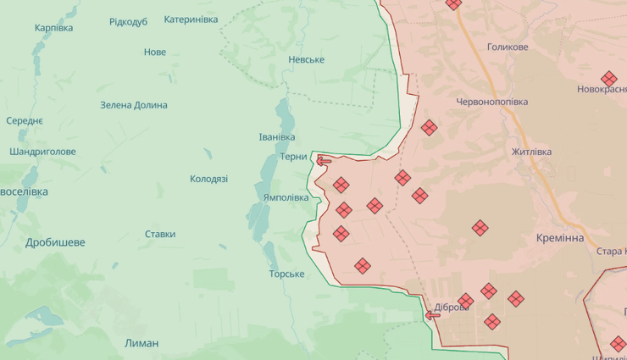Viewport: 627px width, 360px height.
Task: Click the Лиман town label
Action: (x=141, y=343)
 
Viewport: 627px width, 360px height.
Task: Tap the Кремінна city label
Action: (x=560, y=238)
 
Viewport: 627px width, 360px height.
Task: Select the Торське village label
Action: (x=286, y=274)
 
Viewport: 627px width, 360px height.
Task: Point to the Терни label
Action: (x=294, y=157)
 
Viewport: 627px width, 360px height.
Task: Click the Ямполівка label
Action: (x=286, y=197)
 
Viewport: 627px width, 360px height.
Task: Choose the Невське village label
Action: (x=306, y=59)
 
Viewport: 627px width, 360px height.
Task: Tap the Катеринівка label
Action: (x=191, y=19)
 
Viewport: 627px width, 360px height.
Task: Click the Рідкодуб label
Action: (x=128, y=21)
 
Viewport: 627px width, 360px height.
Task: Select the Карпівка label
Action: (x=53, y=28)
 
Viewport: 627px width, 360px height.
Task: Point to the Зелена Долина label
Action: (x=134, y=105)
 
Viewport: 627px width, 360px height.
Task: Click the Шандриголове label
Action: (x=42, y=152)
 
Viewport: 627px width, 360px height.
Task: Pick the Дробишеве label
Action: (x=55, y=242)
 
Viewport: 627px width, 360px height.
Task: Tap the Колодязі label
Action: (x=208, y=179)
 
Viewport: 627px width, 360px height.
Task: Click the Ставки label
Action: (x=160, y=234)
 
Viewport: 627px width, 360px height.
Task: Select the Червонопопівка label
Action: (x=491, y=102)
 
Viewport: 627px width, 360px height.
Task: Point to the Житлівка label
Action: (x=531, y=152)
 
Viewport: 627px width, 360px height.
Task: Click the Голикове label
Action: (x=508, y=47)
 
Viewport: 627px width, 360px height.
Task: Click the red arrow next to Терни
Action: (x=324, y=159)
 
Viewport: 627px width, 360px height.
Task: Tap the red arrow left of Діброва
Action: (x=432, y=315)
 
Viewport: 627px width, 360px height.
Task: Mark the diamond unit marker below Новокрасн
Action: (x=608, y=79)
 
